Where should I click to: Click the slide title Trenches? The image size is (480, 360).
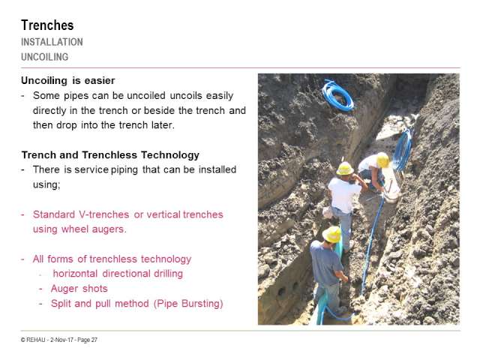point(47,25)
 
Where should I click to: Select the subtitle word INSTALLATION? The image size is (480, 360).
point(52,42)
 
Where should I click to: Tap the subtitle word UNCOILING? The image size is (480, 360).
point(45,57)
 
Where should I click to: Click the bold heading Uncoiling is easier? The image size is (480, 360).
point(68,80)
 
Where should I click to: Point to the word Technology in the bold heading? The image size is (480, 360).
point(170,155)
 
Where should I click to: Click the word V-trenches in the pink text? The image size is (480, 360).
point(103,214)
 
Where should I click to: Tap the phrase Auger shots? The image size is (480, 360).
point(79,288)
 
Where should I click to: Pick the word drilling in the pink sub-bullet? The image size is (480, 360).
point(168,274)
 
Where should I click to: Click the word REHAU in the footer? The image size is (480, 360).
point(36,340)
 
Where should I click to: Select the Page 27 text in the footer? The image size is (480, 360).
point(87,340)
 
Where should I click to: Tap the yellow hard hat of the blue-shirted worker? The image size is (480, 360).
point(331,235)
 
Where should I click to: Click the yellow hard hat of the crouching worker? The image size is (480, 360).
point(382,160)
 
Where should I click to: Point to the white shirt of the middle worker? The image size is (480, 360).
point(343,194)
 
